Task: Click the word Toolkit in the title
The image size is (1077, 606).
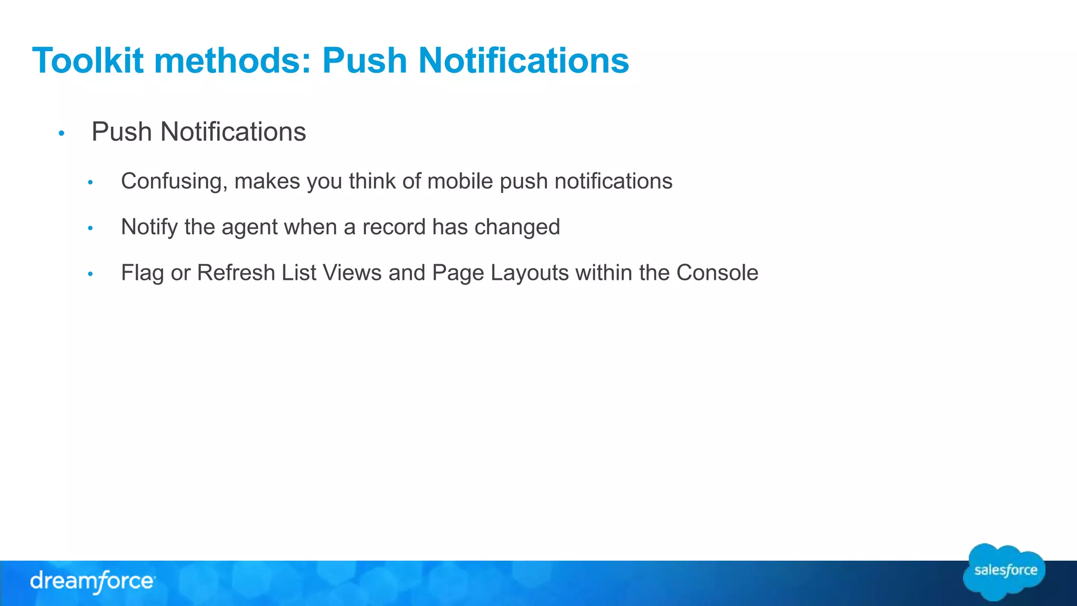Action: [88, 60]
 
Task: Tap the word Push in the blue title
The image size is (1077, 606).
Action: [365, 60]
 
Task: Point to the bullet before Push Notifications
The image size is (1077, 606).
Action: [62, 134]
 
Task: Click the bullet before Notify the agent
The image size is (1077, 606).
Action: [90, 228]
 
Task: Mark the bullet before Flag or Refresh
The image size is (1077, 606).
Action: [90, 274]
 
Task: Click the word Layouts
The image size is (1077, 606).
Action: [530, 273]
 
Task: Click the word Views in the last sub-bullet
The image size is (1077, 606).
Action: [352, 273]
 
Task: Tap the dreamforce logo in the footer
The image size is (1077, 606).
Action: [93, 582]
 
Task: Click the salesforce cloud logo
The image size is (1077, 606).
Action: [1004, 572]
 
